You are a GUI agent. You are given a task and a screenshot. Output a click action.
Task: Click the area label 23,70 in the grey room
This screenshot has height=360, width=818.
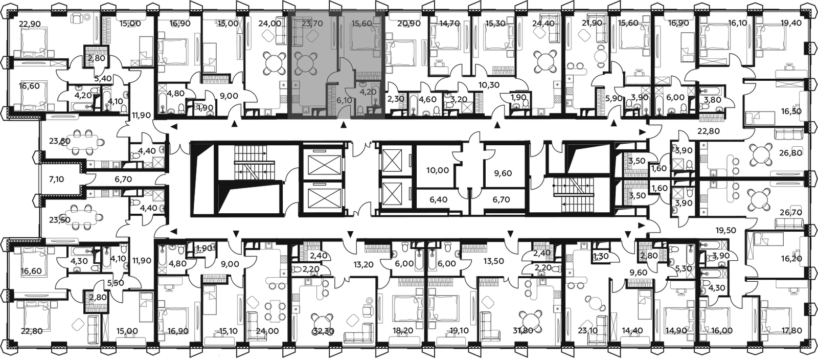tap(312, 24)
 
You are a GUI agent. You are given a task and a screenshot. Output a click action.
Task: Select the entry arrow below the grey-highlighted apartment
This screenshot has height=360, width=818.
tap(343, 125)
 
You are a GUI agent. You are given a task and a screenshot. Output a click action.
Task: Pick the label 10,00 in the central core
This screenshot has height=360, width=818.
tap(438, 170)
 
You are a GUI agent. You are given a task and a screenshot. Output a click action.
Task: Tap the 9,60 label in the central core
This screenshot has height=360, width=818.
tap(503, 173)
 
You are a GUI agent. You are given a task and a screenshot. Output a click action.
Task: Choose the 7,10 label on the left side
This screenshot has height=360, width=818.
tap(56, 179)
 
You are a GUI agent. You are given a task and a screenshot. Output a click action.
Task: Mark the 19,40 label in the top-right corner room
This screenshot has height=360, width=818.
tap(799, 23)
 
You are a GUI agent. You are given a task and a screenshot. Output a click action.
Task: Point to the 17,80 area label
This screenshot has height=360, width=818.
tap(799, 331)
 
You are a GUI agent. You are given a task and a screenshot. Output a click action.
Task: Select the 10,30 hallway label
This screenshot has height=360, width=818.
tap(489, 85)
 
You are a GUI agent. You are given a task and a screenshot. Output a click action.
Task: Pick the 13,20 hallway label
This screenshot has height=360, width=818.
tap(363, 264)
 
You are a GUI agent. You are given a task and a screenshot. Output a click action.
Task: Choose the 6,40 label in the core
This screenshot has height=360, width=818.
tap(439, 199)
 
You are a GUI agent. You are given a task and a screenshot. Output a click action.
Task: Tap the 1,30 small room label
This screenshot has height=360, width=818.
tap(601, 257)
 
